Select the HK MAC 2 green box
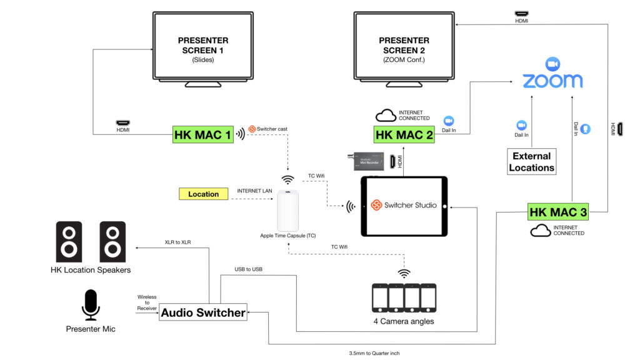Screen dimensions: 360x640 pos(404,135)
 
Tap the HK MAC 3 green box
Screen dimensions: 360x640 pos(558,212)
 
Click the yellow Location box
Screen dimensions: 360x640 pos(203,194)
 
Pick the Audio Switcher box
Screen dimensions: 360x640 pos(203,312)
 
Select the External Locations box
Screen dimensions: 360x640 pos(531,162)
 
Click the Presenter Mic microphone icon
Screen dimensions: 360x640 pos(91,305)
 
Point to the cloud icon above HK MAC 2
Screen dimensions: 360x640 pos(385,116)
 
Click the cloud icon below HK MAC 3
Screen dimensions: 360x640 pos(540,231)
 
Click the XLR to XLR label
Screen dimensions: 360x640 pos(178,242)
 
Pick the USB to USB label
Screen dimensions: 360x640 pos(249,269)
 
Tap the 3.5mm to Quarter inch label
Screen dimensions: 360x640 pos(374,353)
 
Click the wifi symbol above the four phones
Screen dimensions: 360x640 pos(404,273)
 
